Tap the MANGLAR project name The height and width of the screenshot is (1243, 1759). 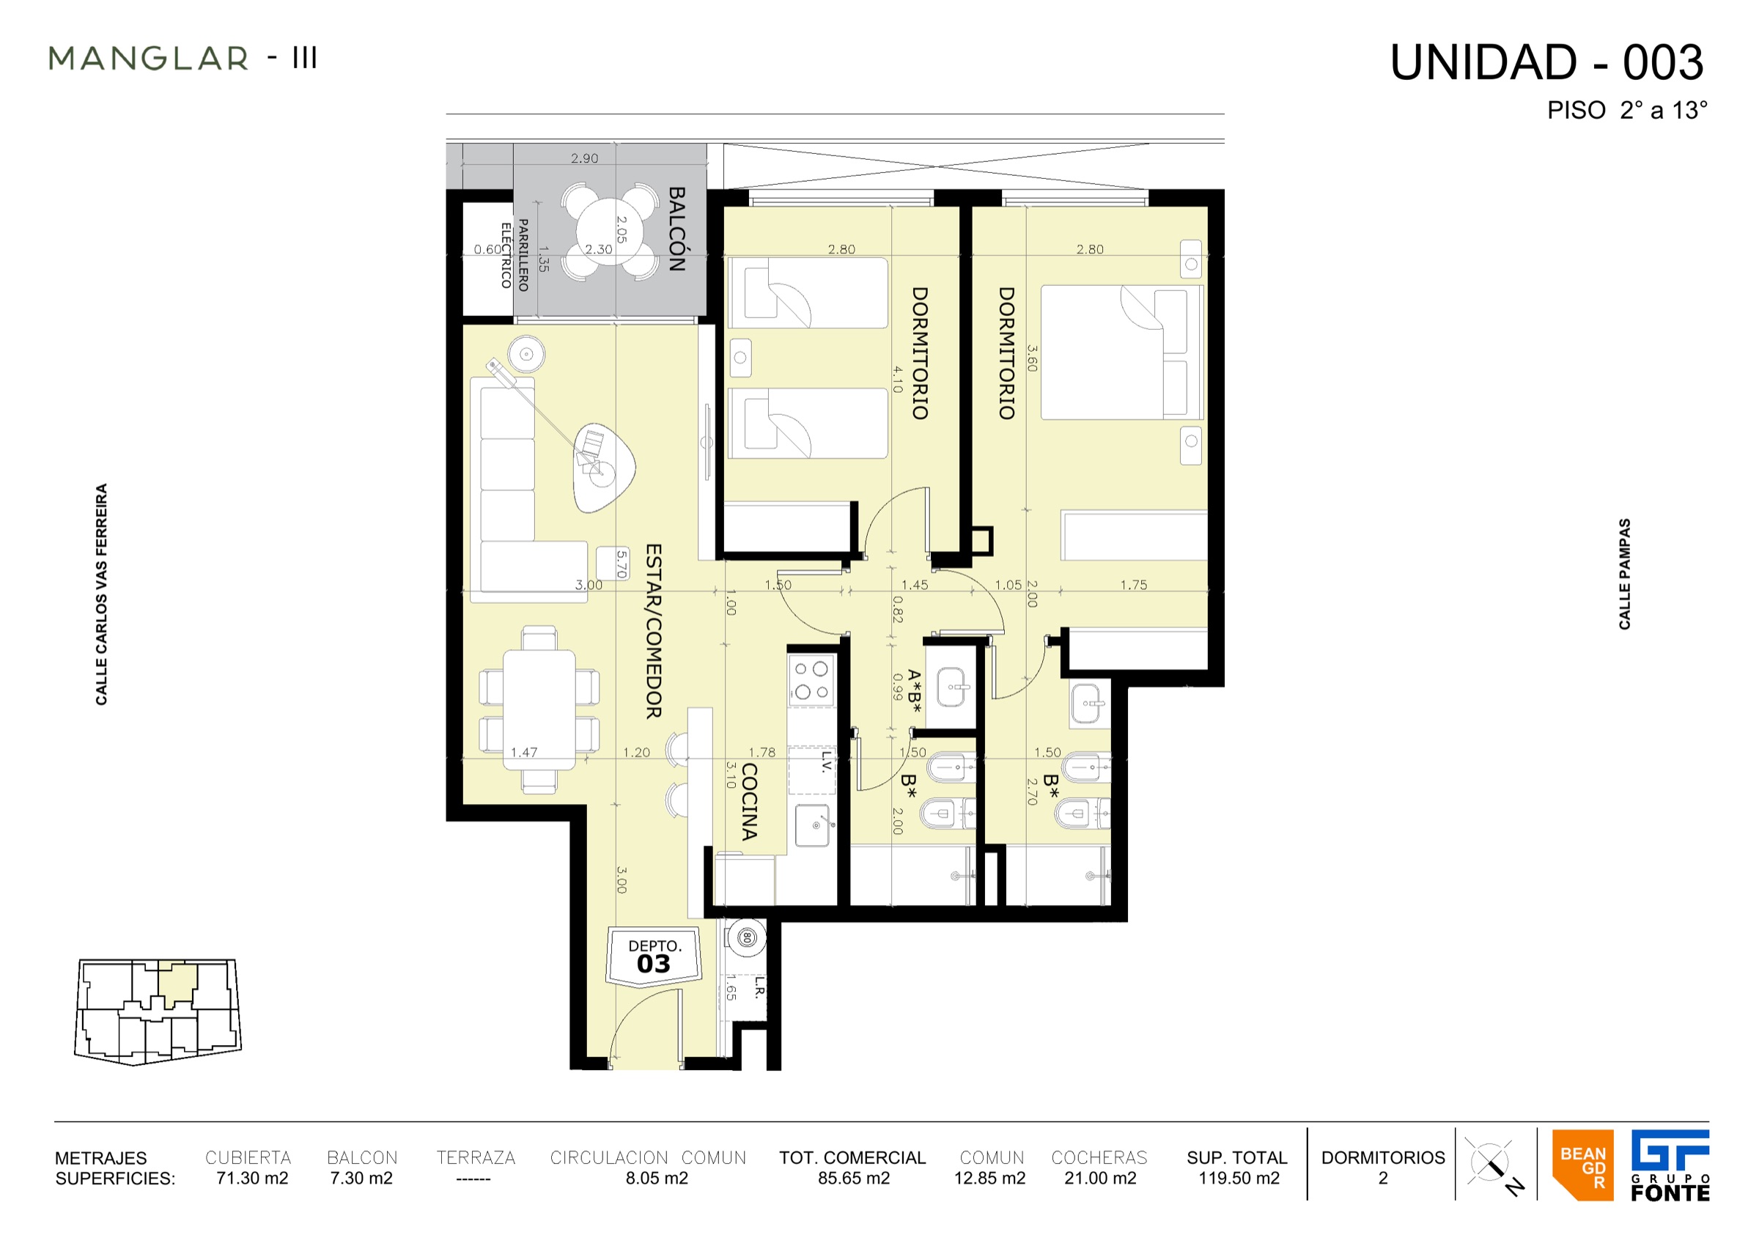149,58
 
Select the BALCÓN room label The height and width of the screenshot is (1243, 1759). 676,229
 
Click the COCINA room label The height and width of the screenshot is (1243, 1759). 749,802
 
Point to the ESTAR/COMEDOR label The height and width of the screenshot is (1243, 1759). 654,631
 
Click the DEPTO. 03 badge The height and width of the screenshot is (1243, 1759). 654,957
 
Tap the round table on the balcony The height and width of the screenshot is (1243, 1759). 609,232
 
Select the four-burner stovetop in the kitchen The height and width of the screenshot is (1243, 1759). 811,680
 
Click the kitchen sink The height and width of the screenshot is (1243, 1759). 812,825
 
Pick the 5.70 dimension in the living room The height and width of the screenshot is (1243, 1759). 622,564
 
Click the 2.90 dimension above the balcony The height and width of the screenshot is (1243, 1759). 585,158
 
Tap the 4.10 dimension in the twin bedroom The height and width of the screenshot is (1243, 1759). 897,379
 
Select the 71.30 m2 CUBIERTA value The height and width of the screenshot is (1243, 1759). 252,1178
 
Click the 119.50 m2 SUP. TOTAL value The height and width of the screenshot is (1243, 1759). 1239,1178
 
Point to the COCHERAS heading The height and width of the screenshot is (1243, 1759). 1099,1157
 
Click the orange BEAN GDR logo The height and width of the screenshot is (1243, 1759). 1583,1165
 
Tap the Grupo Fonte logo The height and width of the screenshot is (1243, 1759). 1670,1165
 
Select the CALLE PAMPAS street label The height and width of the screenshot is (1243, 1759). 1625,575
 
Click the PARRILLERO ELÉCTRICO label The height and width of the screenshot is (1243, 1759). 514,255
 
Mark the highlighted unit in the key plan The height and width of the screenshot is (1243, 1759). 177,984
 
